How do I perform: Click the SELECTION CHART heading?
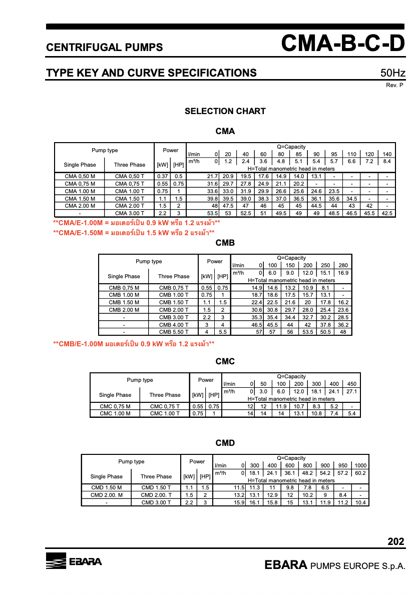(x=225, y=111)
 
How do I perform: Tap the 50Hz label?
(x=392, y=74)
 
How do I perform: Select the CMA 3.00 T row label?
(x=130, y=213)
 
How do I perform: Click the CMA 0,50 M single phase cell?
(x=80, y=176)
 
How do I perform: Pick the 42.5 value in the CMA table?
(x=386, y=213)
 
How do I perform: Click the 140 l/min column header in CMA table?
(x=386, y=154)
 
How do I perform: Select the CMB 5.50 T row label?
(x=174, y=331)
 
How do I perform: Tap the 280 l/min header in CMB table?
(x=343, y=265)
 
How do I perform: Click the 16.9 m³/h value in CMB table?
(x=343, y=273)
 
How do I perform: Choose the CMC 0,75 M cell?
(x=115, y=406)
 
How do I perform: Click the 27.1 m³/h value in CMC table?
(x=351, y=391)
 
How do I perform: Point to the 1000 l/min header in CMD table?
(x=360, y=465)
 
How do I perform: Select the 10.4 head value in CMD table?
(x=360, y=502)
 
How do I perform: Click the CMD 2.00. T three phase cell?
(x=156, y=495)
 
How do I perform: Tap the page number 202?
(x=395, y=541)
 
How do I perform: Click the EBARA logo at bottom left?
(x=74, y=561)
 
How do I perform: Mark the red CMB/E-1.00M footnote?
(x=134, y=344)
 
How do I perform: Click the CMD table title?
(x=225, y=443)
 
